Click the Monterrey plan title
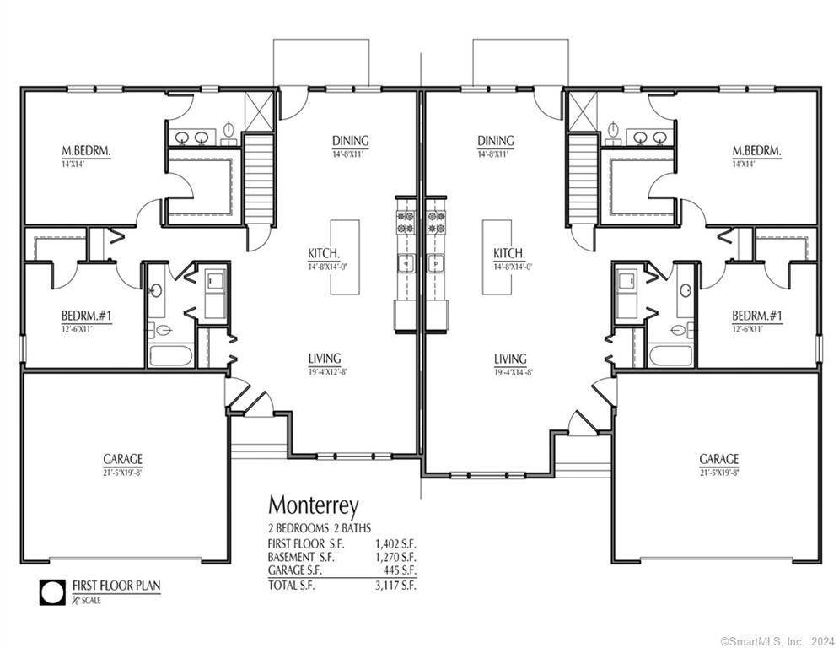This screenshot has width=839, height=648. click(x=313, y=505)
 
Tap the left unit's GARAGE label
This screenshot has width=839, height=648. click(x=123, y=459)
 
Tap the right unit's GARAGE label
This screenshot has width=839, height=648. click(x=718, y=459)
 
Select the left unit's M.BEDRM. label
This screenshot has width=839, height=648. click(x=86, y=152)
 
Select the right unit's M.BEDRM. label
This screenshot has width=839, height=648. click(x=756, y=152)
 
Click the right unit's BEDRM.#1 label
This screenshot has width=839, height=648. click(x=756, y=316)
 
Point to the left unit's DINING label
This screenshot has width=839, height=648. click(x=350, y=141)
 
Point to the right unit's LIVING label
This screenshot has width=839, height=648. click(x=510, y=359)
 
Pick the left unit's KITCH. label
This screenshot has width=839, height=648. click(x=324, y=253)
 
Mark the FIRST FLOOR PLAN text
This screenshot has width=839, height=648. click(x=116, y=585)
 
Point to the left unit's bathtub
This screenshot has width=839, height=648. click(x=169, y=355)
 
